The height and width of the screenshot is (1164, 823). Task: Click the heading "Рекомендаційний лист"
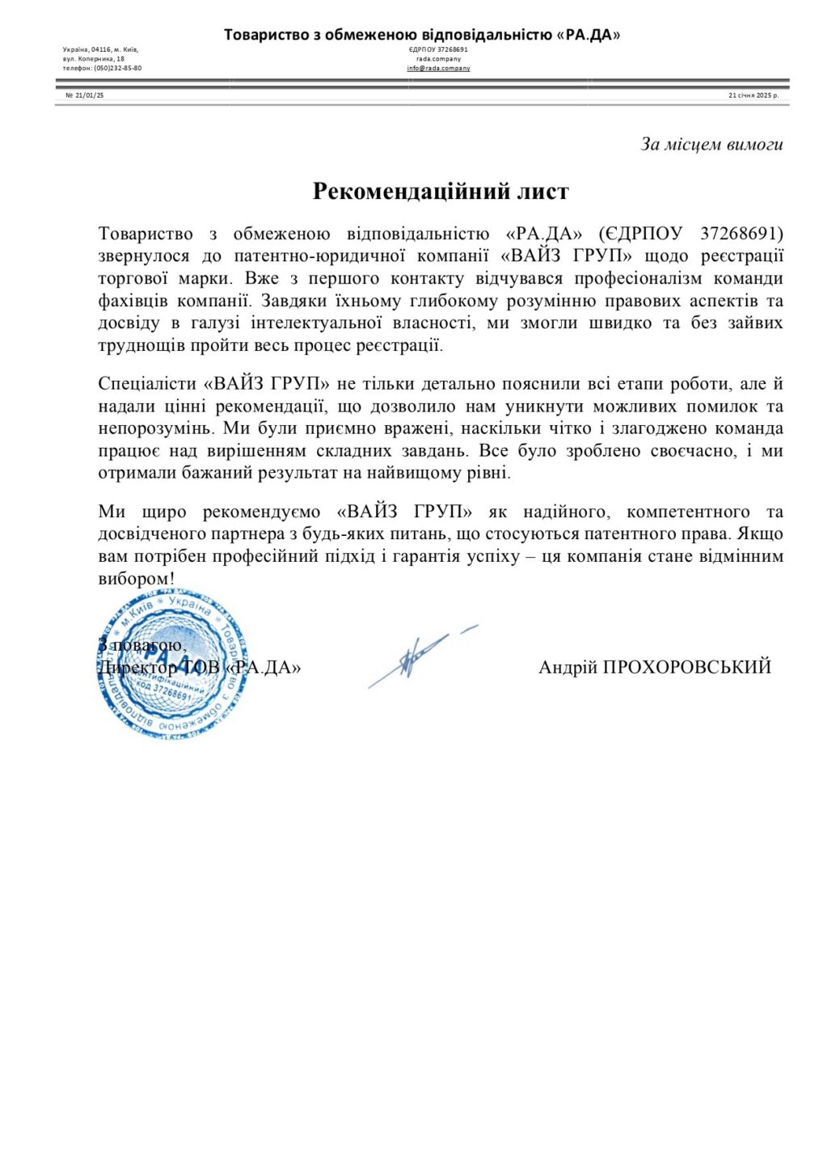click(x=441, y=192)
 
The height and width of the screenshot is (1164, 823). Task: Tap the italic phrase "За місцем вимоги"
click(x=711, y=145)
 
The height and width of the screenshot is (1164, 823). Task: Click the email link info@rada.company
click(x=438, y=69)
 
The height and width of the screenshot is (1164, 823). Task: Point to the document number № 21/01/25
click(x=85, y=95)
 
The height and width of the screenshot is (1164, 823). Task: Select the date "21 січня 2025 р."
click(x=753, y=95)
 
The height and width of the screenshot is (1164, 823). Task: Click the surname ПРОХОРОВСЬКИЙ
click(x=686, y=667)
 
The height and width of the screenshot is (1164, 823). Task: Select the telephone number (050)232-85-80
click(x=118, y=69)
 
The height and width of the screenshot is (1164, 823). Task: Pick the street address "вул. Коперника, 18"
click(x=94, y=59)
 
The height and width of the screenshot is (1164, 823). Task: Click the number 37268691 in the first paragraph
click(x=741, y=234)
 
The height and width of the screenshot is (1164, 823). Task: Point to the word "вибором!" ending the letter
click(x=136, y=579)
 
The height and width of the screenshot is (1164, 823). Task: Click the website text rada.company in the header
click(x=438, y=59)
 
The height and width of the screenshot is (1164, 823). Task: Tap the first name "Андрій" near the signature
click(x=568, y=667)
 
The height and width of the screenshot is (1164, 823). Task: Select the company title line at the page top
click(x=422, y=35)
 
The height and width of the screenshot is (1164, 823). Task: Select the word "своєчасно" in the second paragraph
click(x=694, y=451)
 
